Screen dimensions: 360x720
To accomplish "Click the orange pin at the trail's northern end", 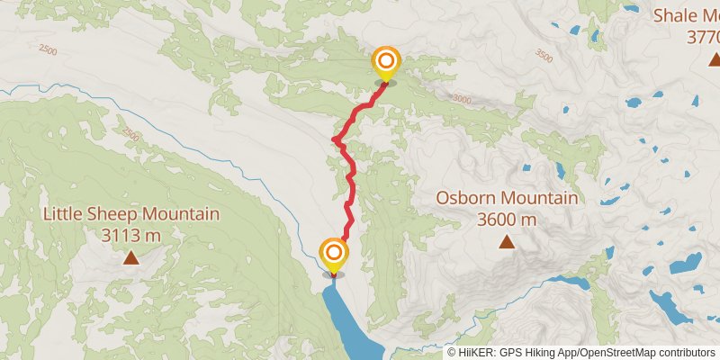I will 385,62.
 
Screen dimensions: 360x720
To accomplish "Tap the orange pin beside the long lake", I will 334,254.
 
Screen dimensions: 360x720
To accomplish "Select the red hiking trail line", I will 350,180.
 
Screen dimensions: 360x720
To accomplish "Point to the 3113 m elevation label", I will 131,235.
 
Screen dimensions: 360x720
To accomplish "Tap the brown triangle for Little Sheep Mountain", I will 131,258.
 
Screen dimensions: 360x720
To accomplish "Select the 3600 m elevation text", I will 508,219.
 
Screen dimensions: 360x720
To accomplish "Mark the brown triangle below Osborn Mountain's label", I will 508,241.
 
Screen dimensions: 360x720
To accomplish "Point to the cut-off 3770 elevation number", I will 702,37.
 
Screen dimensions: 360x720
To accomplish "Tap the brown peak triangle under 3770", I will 713,59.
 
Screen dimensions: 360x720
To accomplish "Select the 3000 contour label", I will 460,99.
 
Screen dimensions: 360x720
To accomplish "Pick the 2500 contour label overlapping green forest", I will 131,135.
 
